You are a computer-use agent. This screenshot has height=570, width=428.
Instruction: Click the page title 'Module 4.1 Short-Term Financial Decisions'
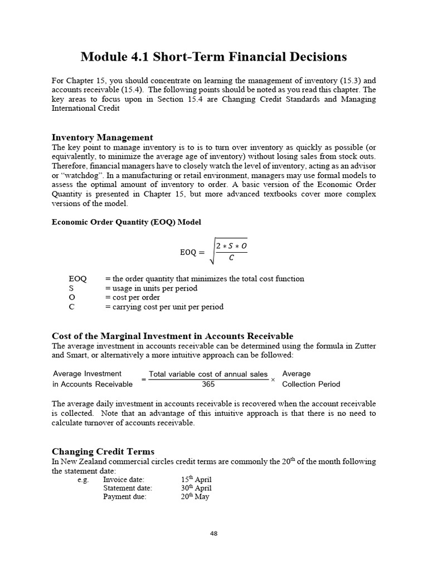point(213,57)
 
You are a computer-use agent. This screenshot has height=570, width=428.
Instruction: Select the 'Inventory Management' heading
point(102,137)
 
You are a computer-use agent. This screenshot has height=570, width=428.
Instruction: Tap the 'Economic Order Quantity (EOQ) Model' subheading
point(127,222)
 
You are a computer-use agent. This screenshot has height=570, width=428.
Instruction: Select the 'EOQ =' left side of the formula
point(192,252)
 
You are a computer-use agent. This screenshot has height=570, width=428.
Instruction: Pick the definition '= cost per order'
point(132,297)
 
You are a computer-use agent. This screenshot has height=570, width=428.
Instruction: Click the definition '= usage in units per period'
point(150,288)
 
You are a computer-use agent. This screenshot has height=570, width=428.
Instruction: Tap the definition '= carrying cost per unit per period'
point(164,307)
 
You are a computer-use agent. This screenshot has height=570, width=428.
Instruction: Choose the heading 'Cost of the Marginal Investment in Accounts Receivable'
point(172,336)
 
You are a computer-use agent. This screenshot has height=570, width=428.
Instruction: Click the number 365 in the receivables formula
point(208,384)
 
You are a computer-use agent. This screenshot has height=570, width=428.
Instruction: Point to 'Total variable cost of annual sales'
point(208,374)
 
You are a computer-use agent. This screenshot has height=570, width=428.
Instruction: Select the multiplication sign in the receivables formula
point(273,379)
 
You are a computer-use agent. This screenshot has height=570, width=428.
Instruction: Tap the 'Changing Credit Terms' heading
point(103,451)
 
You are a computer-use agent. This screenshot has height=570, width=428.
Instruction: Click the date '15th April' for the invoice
point(196,479)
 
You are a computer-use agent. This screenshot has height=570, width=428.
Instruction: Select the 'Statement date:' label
point(128,488)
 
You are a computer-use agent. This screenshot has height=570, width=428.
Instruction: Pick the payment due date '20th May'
point(195,497)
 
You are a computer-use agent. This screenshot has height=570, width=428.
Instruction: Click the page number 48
point(214,533)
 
